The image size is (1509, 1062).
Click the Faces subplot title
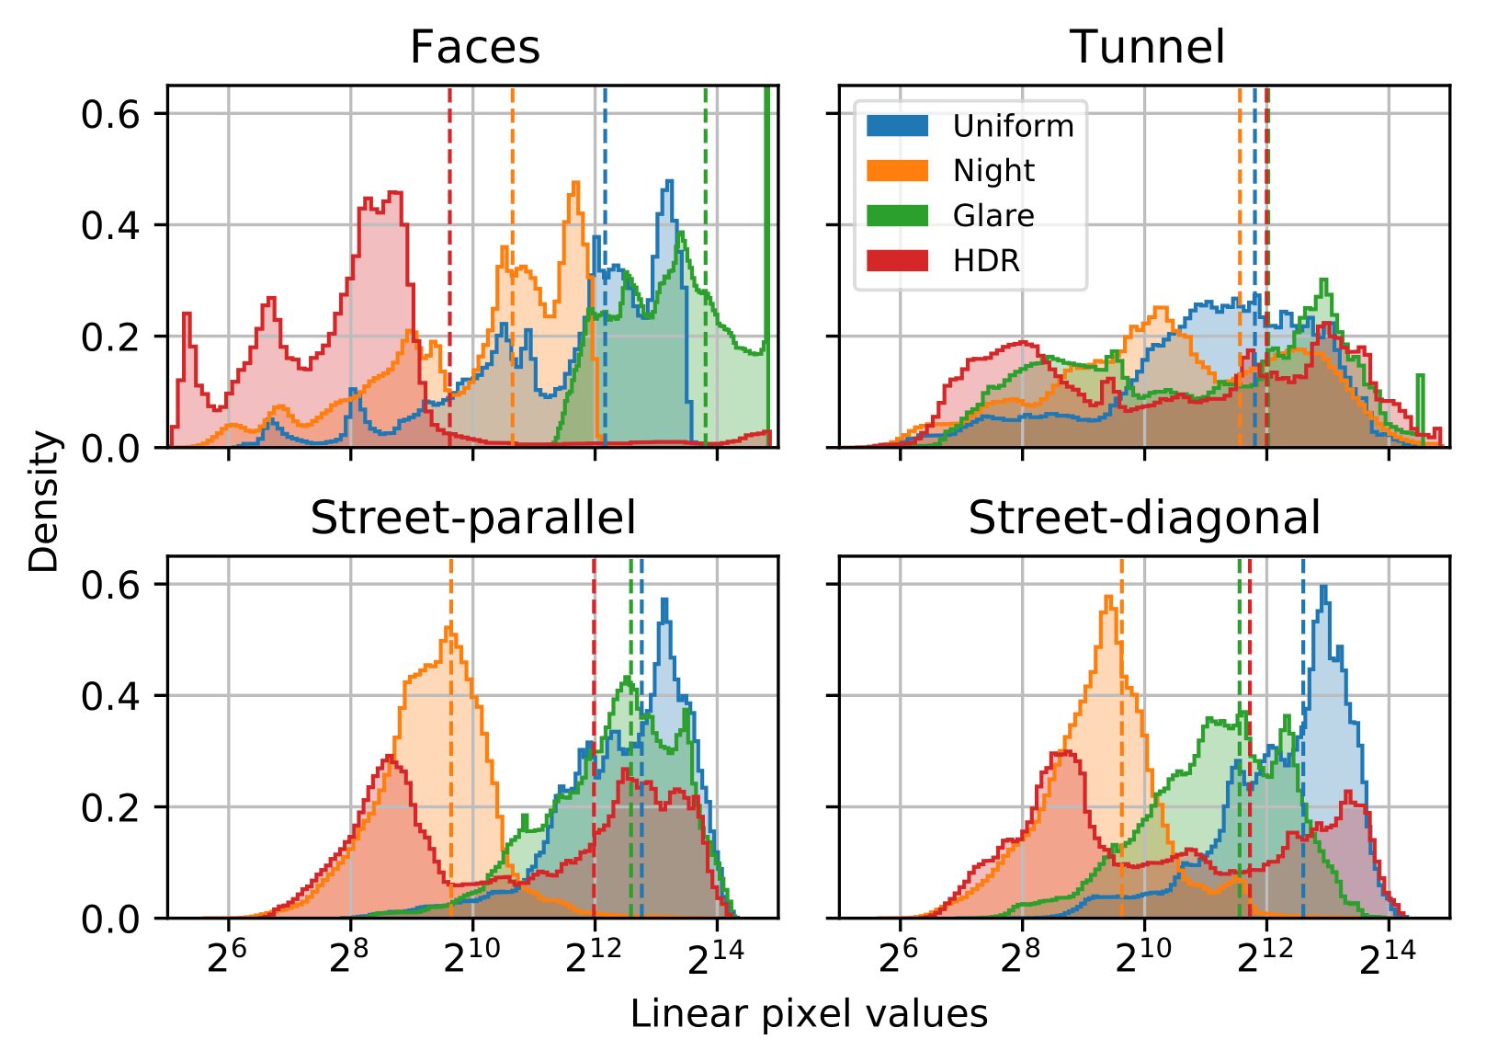[x=474, y=47]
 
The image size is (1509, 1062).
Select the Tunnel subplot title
[x=1147, y=47]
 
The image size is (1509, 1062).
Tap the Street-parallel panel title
[x=473, y=518]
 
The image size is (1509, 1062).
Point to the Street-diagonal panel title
[x=1144, y=518]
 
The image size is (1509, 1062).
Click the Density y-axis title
[x=43, y=502]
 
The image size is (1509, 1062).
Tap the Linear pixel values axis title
[x=809, y=1014]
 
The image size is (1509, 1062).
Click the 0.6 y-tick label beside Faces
[x=109, y=114]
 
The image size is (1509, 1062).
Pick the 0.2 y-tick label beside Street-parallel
[x=109, y=807]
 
